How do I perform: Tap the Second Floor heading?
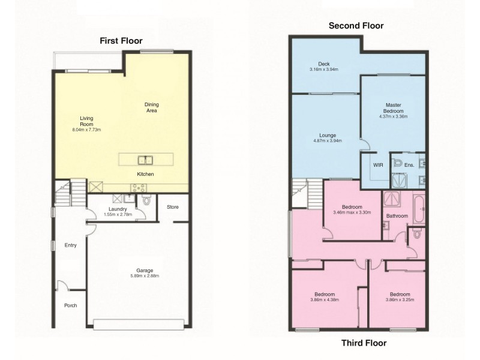356,26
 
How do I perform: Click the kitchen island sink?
145,160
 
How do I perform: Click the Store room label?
173,208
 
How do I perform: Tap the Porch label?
70,305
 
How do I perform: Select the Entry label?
70,245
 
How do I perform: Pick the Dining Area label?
152,107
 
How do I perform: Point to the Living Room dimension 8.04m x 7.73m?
87,130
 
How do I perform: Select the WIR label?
378,165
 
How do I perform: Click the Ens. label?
410,165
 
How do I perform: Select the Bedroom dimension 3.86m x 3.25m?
400,299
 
